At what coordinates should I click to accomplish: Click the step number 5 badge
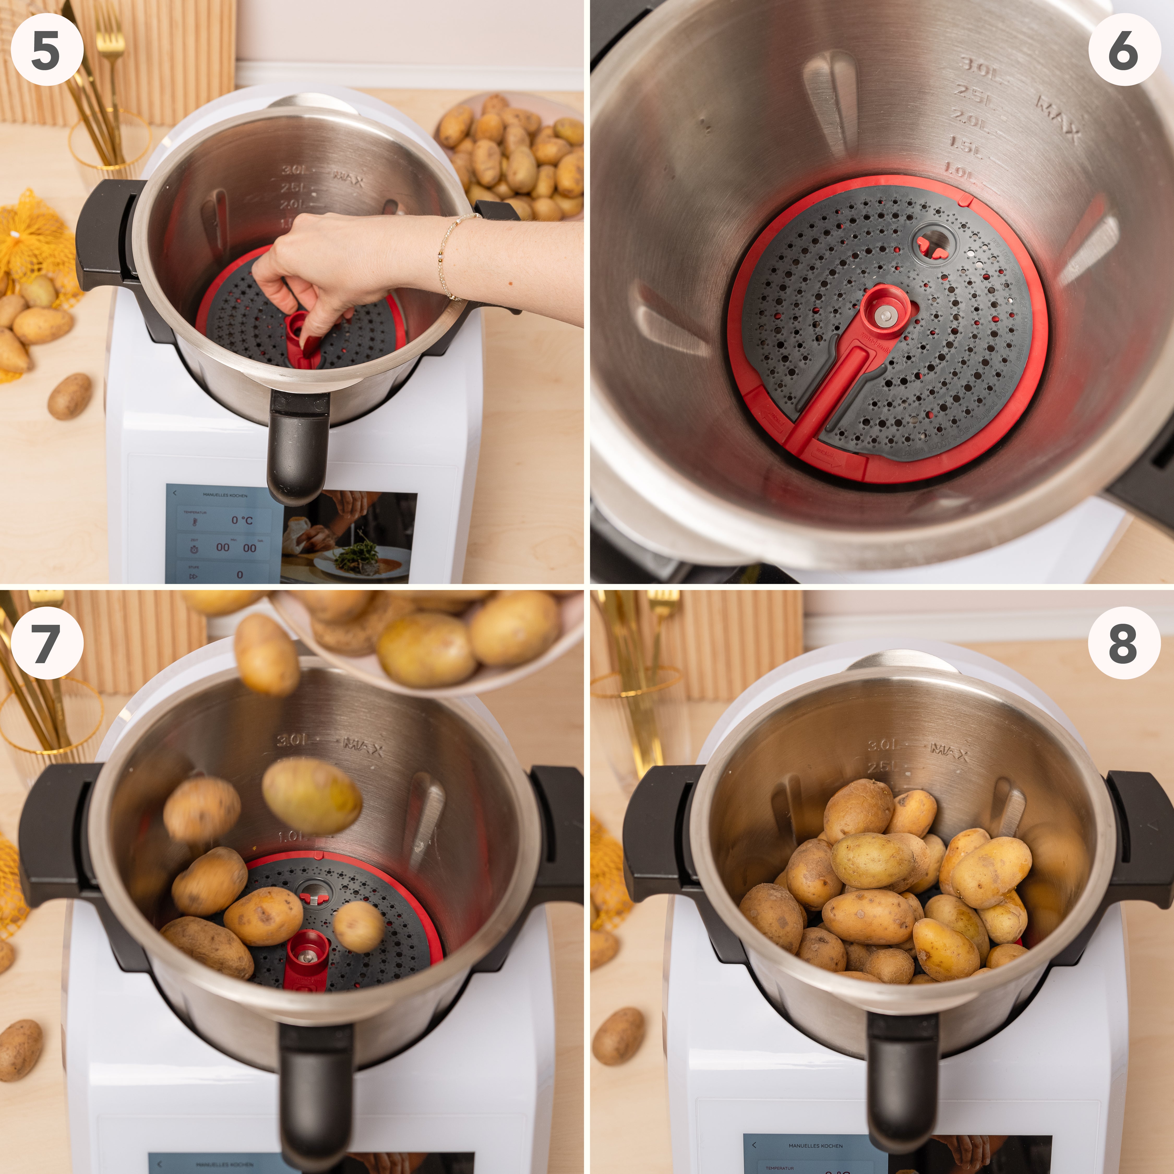47,50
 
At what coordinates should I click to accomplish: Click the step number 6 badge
1122,50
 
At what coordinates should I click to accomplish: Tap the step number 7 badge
47,642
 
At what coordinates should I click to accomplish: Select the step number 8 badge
1122,642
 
